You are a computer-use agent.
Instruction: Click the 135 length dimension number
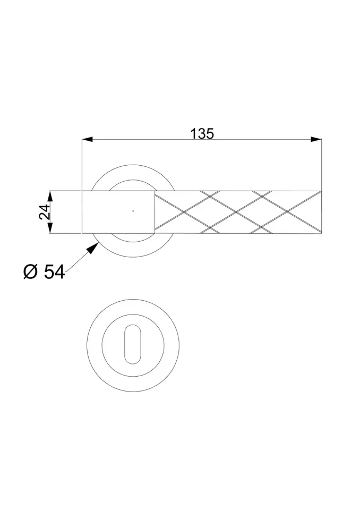(x=202, y=134)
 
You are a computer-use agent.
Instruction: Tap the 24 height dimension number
(x=45, y=212)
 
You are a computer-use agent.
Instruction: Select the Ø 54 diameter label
(x=44, y=272)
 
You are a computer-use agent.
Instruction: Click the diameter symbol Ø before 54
(x=31, y=272)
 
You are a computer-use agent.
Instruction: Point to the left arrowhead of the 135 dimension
(x=87, y=140)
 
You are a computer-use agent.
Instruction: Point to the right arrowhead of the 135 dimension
(x=316, y=140)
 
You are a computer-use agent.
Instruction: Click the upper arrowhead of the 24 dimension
(x=50, y=196)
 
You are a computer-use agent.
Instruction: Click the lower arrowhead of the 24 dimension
(x=50, y=228)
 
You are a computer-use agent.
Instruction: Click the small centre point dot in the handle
(x=133, y=211)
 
